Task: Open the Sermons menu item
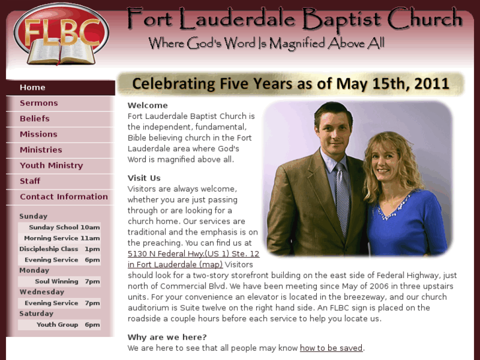39,103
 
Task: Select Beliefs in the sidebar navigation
34,119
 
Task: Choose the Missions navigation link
38,134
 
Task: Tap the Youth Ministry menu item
51,165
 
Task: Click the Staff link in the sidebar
30,181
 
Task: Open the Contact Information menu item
63,197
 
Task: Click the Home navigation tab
32,87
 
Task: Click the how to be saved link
331,348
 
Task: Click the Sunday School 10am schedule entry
64,227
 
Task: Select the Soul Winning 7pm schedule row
67,281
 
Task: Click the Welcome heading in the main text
148,105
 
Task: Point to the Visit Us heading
144,178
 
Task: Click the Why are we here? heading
167,338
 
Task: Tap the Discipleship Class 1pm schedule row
59,249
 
